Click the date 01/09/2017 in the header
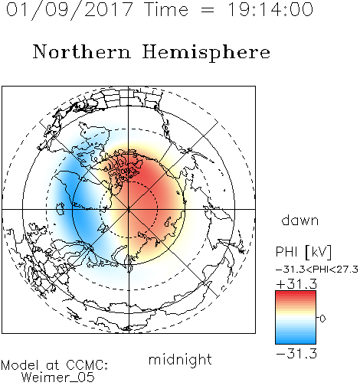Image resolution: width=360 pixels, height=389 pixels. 70,10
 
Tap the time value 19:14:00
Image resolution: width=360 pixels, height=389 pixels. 270,9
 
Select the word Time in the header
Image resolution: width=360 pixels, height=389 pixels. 166,9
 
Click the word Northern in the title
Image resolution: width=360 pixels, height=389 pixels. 82,52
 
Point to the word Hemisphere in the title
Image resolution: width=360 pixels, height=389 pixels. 206,53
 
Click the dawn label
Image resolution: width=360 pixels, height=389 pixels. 300,220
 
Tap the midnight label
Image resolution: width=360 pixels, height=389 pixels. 180,359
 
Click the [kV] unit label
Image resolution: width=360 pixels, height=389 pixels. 318,252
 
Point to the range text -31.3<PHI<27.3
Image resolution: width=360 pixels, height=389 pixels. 317,270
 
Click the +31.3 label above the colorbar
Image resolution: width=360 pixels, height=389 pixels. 296,283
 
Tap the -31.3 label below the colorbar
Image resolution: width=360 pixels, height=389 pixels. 296,354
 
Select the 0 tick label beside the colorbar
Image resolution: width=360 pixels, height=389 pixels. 322,319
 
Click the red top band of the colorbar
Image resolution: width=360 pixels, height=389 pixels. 296,294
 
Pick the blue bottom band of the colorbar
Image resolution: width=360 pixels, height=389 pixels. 296,341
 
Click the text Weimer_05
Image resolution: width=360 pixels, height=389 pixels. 58,378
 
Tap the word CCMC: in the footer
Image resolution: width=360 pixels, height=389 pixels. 87,365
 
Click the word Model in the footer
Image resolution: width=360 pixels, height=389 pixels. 21,365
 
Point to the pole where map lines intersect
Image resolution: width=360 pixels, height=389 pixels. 129,209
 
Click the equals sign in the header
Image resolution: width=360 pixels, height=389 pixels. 208,10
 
